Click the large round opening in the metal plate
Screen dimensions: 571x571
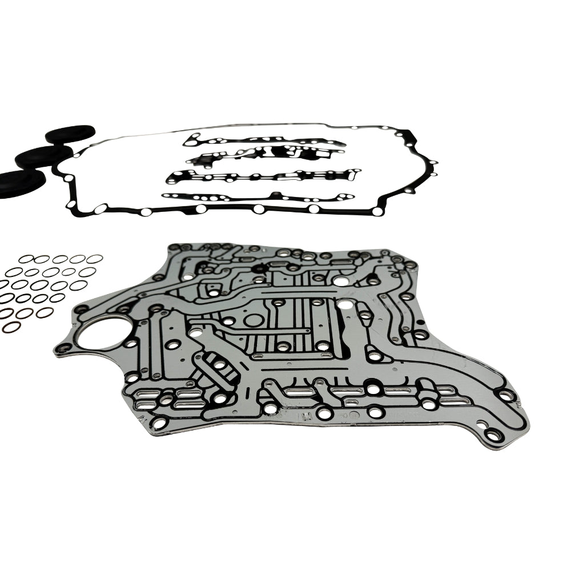click(x=101, y=332)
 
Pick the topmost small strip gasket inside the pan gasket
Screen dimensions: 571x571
click(x=263, y=140)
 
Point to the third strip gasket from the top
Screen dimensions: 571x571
click(x=263, y=176)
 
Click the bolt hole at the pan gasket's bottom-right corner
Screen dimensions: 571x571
click(x=377, y=212)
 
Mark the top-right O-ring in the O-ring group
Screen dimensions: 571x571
click(x=94, y=259)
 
